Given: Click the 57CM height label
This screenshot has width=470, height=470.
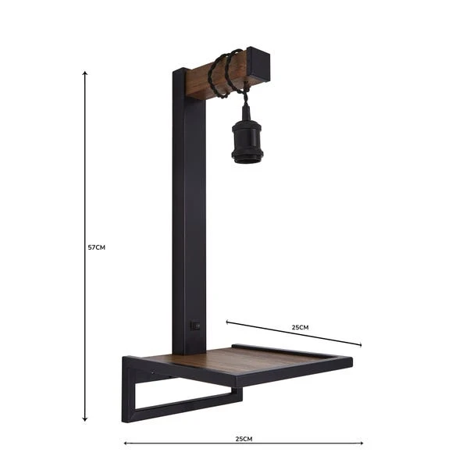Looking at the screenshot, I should pyautogui.click(x=96, y=247).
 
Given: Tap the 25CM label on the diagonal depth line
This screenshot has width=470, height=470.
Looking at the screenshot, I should pyautogui.click(x=300, y=326).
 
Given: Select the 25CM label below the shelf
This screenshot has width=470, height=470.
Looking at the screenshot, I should pyautogui.click(x=244, y=439).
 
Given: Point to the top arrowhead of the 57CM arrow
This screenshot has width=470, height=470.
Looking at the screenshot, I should pyautogui.click(x=84, y=73).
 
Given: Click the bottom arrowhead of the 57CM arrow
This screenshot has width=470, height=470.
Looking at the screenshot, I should pyautogui.click(x=84, y=420).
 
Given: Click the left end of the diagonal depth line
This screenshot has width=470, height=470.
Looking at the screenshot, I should pyautogui.click(x=227, y=321).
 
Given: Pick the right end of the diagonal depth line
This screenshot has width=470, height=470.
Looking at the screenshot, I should pyautogui.click(x=361, y=344).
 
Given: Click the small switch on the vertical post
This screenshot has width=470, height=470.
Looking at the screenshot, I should pyautogui.click(x=196, y=326).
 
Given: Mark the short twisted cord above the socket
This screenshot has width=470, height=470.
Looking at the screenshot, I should pyautogui.click(x=245, y=100).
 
